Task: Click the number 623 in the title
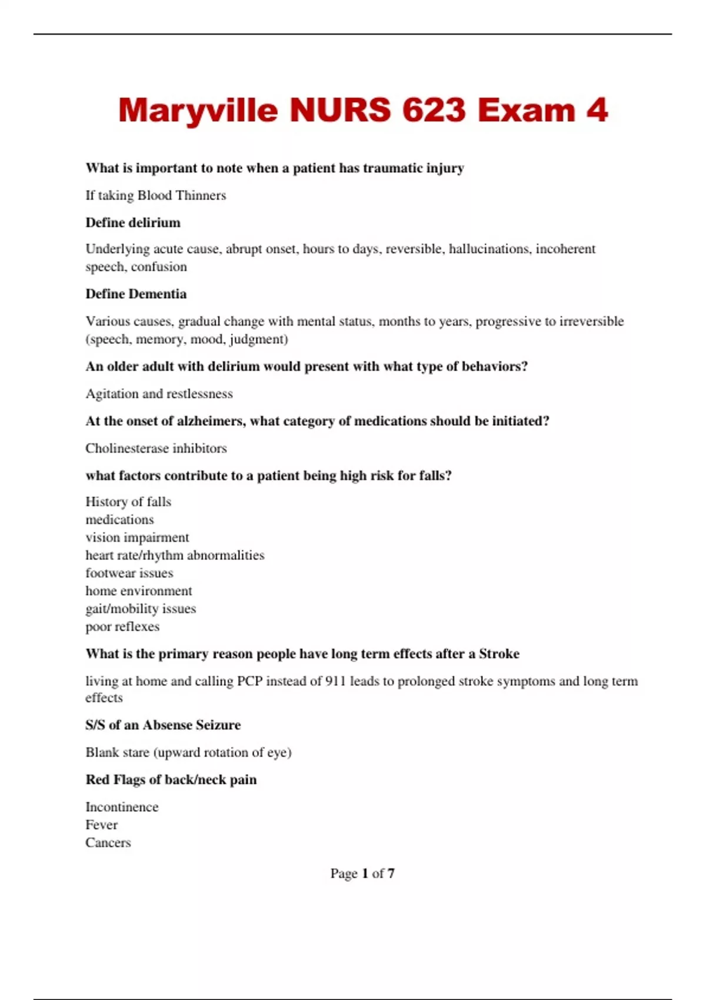point(434,110)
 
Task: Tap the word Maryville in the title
point(198,110)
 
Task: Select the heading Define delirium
point(133,222)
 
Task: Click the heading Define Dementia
point(136,294)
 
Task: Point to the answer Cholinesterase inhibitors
point(156,448)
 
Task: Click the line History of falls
point(128,502)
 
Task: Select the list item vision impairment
point(137,537)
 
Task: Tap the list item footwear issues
point(129,573)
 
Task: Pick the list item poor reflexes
point(122,626)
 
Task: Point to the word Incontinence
point(122,807)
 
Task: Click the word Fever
point(101,825)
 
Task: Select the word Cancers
point(108,842)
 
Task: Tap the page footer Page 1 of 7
point(362,874)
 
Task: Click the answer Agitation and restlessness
point(159,394)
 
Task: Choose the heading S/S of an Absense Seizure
point(163,725)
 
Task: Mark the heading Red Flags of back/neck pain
point(171,779)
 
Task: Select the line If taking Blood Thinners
point(156,195)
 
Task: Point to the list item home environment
point(139,591)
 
